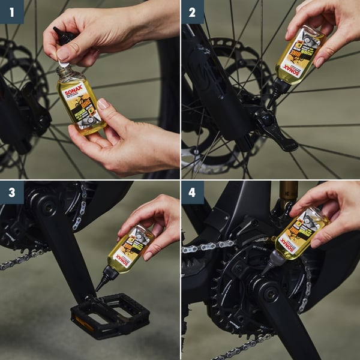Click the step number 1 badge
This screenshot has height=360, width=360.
[x=11, y=11]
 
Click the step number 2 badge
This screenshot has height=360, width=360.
[x=192, y=11]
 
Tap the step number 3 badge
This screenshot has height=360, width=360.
[x=11, y=192]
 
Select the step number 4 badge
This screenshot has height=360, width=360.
[x=192, y=192]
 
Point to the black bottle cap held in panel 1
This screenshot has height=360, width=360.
[x=64, y=37]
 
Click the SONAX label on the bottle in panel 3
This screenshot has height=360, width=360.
[x=124, y=259]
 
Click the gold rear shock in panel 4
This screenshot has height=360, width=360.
[x=288, y=192]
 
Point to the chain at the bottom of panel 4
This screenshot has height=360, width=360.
[x=240, y=348]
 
